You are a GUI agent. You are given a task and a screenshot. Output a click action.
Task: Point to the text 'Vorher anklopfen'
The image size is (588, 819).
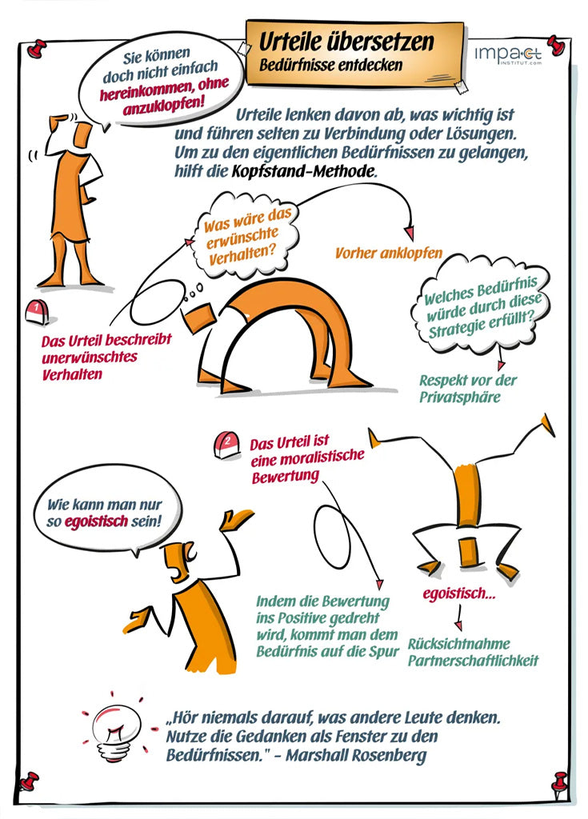tap(388, 254)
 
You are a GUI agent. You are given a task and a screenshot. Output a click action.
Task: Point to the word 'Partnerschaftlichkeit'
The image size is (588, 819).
tap(473, 661)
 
